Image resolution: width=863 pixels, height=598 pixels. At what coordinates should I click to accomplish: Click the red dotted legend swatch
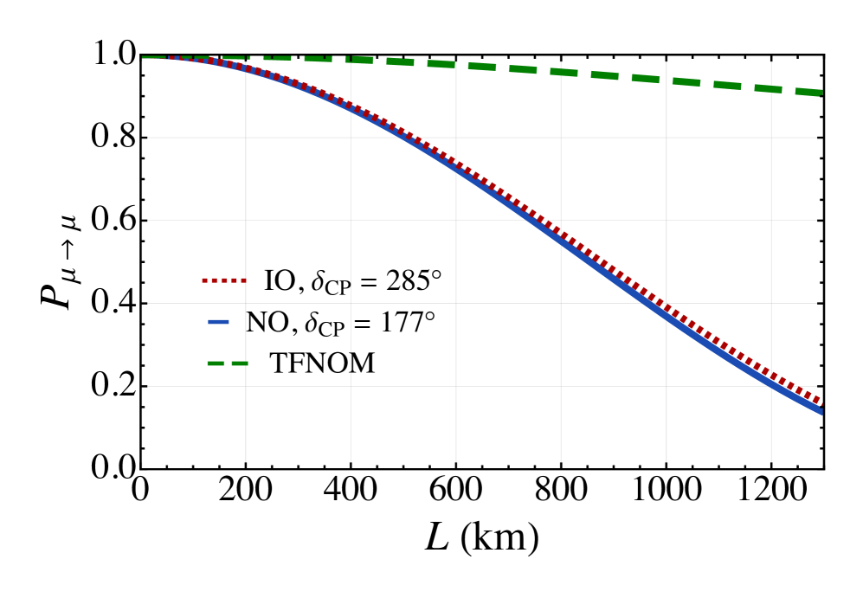224,280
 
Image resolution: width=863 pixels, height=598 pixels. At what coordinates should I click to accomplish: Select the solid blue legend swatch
218,322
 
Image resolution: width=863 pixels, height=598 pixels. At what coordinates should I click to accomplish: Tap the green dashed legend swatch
228,363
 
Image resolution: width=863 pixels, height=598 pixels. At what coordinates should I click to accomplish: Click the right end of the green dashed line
820,93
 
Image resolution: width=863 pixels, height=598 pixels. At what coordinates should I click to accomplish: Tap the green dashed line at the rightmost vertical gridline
771,88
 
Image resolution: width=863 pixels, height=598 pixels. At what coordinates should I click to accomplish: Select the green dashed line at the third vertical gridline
456,64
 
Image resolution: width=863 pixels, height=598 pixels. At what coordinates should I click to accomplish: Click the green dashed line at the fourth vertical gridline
561,72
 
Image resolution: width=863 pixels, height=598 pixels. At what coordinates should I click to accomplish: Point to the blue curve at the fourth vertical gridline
561,237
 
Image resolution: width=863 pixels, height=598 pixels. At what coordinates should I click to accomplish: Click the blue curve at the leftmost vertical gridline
246,68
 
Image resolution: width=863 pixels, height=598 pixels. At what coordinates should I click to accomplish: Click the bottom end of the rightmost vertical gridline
771,461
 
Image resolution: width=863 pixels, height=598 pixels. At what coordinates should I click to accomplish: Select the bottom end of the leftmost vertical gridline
246,461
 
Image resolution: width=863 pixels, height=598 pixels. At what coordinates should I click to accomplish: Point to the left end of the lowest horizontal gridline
148,386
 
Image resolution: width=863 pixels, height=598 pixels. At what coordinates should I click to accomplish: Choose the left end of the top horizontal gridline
148,138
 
